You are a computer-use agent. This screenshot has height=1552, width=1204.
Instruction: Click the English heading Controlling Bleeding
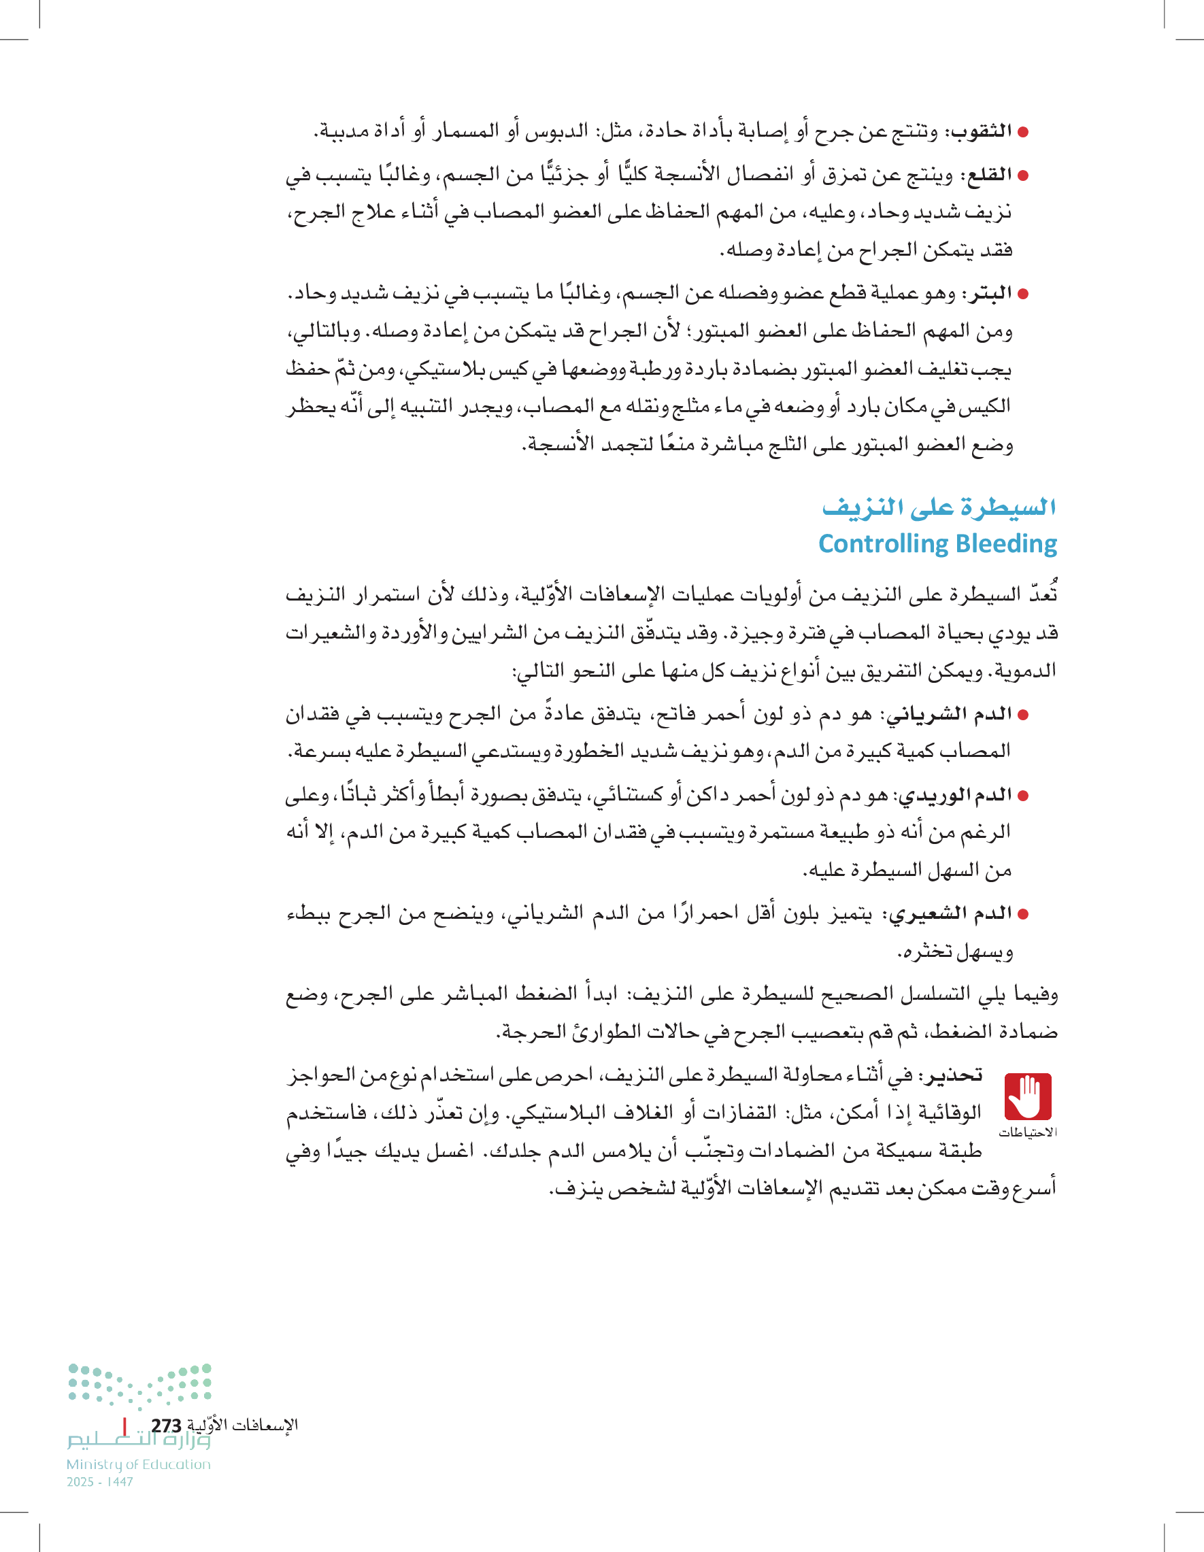pyautogui.click(x=937, y=543)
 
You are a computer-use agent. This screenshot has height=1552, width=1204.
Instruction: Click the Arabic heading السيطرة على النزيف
pyautogui.click(x=938, y=507)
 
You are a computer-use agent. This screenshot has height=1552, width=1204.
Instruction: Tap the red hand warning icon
pyautogui.click(x=1027, y=1097)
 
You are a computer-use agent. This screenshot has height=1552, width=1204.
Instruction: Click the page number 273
pyautogui.click(x=166, y=1426)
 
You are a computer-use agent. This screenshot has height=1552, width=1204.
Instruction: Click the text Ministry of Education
pyautogui.click(x=139, y=1464)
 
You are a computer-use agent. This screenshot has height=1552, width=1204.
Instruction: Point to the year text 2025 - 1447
pyautogui.click(x=99, y=1483)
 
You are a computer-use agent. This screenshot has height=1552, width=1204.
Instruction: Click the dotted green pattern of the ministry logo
pyautogui.click(x=140, y=1385)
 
